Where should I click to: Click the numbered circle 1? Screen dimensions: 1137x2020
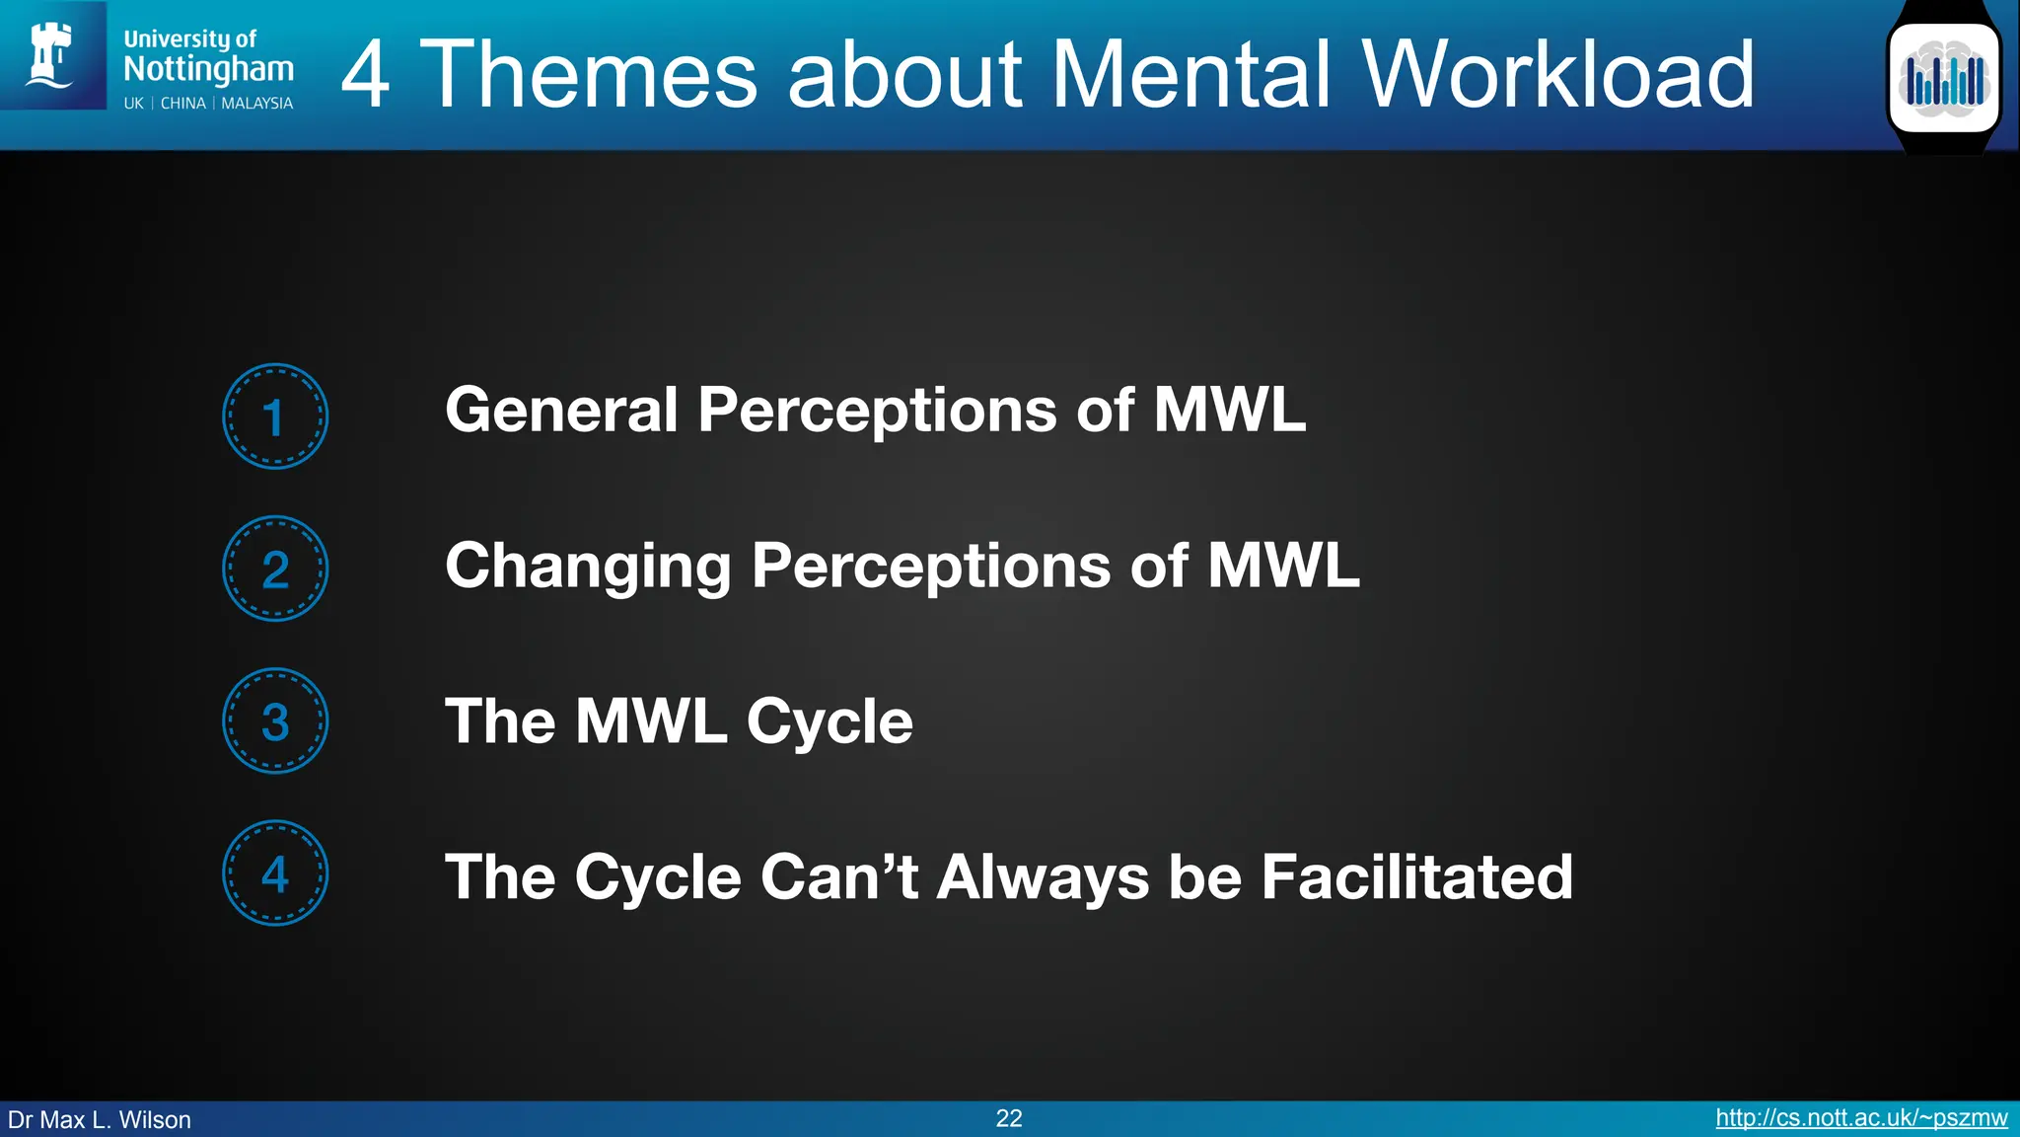(x=275, y=417)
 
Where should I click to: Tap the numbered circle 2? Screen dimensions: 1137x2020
(x=275, y=568)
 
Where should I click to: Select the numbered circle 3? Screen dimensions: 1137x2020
(x=275, y=721)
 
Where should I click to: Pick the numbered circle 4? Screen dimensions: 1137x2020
(x=275, y=873)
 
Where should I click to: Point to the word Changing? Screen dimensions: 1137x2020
(x=588, y=568)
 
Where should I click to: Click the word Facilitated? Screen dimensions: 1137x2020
(x=1416, y=876)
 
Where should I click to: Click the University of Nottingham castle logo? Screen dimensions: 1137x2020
(x=52, y=55)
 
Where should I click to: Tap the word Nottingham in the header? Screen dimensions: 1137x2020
(x=209, y=69)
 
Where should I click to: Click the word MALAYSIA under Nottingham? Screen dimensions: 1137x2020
(x=256, y=104)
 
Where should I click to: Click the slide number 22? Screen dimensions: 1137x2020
(x=1009, y=1118)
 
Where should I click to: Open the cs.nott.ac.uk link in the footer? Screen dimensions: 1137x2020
(x=1861, y=1118)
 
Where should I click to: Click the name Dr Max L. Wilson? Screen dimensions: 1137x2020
(x=100, y=1120)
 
